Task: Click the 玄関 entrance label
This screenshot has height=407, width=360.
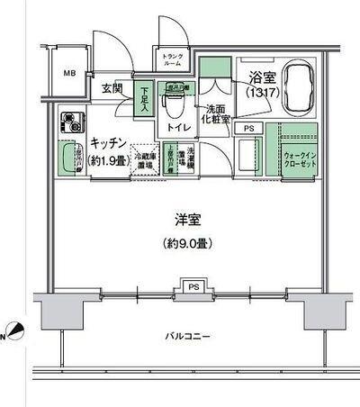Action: click(x=112, y=88)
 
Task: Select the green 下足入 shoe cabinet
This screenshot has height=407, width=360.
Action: click(x=144, y=98)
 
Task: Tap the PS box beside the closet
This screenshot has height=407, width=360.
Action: click(x=248, y=129)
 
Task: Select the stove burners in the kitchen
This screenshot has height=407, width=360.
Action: click(x=72, y=121)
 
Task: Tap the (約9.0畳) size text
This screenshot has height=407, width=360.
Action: click(x=187, y=242)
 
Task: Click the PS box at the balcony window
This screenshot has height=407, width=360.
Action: click(x=192, y=287)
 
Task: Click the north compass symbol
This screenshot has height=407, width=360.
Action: click(x=11, y=331)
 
